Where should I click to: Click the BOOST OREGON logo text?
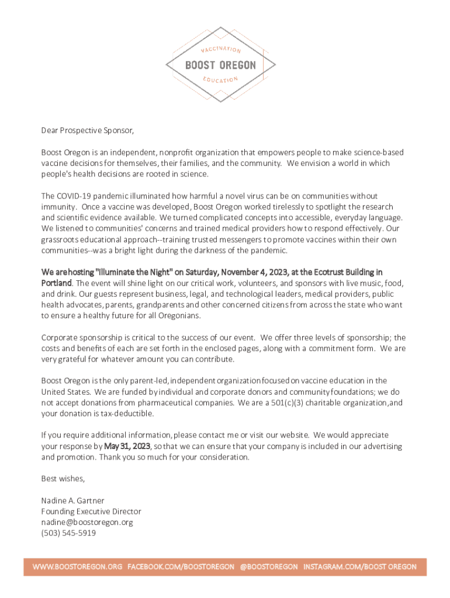point(220,65)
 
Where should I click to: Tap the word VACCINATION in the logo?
point(221,49)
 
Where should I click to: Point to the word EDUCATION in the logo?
point(220,79)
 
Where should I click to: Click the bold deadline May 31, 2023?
point(127,446)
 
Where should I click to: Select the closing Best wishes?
point(63,479)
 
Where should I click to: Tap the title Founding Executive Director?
point(91,512)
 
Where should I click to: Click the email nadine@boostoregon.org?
point(87,522)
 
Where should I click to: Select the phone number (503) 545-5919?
point(68,533)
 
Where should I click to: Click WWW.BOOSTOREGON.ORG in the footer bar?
point(77,567)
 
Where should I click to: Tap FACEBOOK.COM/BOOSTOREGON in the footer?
point(181,567)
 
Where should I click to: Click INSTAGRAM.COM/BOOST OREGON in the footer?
point(360,567)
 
